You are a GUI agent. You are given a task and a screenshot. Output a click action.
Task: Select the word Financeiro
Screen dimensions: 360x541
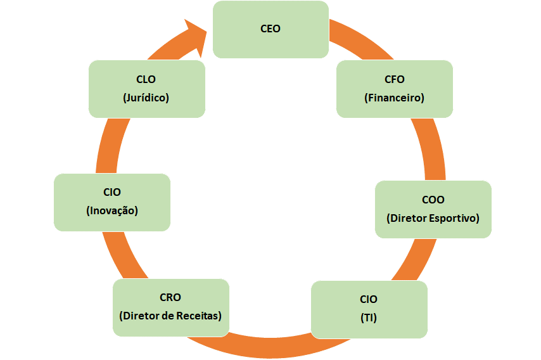click(x=394, y=98)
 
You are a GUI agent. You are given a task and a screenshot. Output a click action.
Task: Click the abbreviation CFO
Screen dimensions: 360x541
click(x=394, y=80)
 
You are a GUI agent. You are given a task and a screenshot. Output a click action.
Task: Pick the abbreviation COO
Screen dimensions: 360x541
click(x=433, y=200)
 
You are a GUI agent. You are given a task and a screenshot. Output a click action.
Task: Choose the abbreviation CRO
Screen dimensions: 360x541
click(x=170, y=297)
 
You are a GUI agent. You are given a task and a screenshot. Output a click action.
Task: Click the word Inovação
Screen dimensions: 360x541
click(x=112, y=210)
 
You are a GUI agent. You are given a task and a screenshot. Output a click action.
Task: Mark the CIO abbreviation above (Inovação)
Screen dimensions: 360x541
click(x=112, y=192)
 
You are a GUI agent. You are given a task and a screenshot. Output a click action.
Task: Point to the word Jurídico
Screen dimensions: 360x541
click(x=146, y=98)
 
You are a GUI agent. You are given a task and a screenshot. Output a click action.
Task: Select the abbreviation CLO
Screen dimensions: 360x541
click(x=146, y=80)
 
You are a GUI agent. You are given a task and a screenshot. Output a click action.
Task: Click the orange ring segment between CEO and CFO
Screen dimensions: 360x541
click(x=345, y=35)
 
